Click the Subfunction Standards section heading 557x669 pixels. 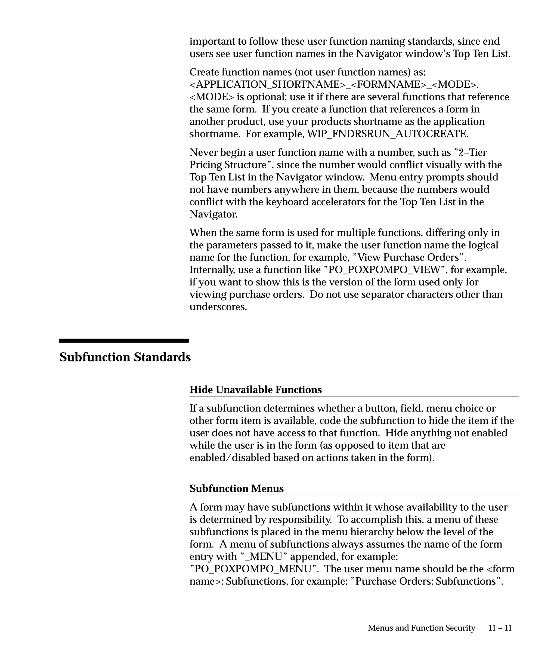pos(125,357)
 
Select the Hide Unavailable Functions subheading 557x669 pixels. pos(255,389)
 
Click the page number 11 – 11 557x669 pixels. pos(500,628)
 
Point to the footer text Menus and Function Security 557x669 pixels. pos(421,628)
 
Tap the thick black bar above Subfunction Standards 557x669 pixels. pos(124,340)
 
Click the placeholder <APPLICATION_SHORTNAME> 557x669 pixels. pos(267,84)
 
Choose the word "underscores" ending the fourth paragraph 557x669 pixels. pos(218,307)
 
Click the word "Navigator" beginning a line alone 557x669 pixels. pos(213,214)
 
